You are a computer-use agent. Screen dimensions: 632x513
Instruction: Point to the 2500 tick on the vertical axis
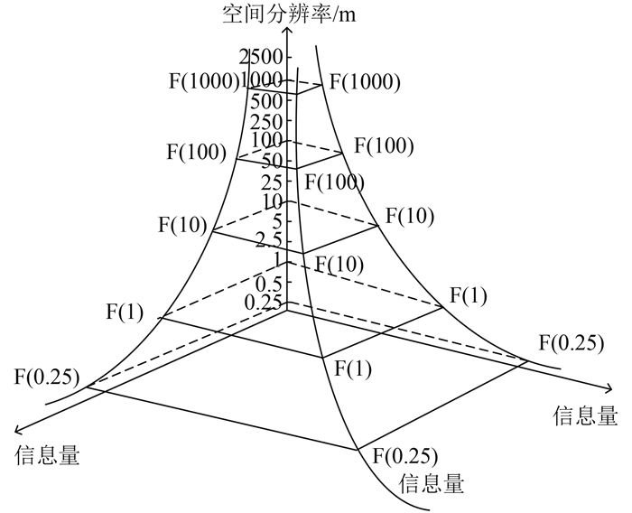(263, 59)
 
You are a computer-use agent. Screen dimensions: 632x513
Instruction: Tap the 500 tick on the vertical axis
(268, 100)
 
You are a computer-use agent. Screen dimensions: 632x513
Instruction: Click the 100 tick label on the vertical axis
(268, 141)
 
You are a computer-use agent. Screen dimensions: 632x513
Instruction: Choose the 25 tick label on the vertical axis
(273, 182)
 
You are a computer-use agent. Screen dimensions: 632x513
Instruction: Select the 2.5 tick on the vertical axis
(270, 241)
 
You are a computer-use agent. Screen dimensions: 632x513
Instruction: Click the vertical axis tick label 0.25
(265, 303)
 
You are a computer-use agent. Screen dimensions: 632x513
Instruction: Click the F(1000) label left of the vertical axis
(204, 80)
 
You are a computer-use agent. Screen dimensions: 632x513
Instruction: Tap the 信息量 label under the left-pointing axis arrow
(48, 456)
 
